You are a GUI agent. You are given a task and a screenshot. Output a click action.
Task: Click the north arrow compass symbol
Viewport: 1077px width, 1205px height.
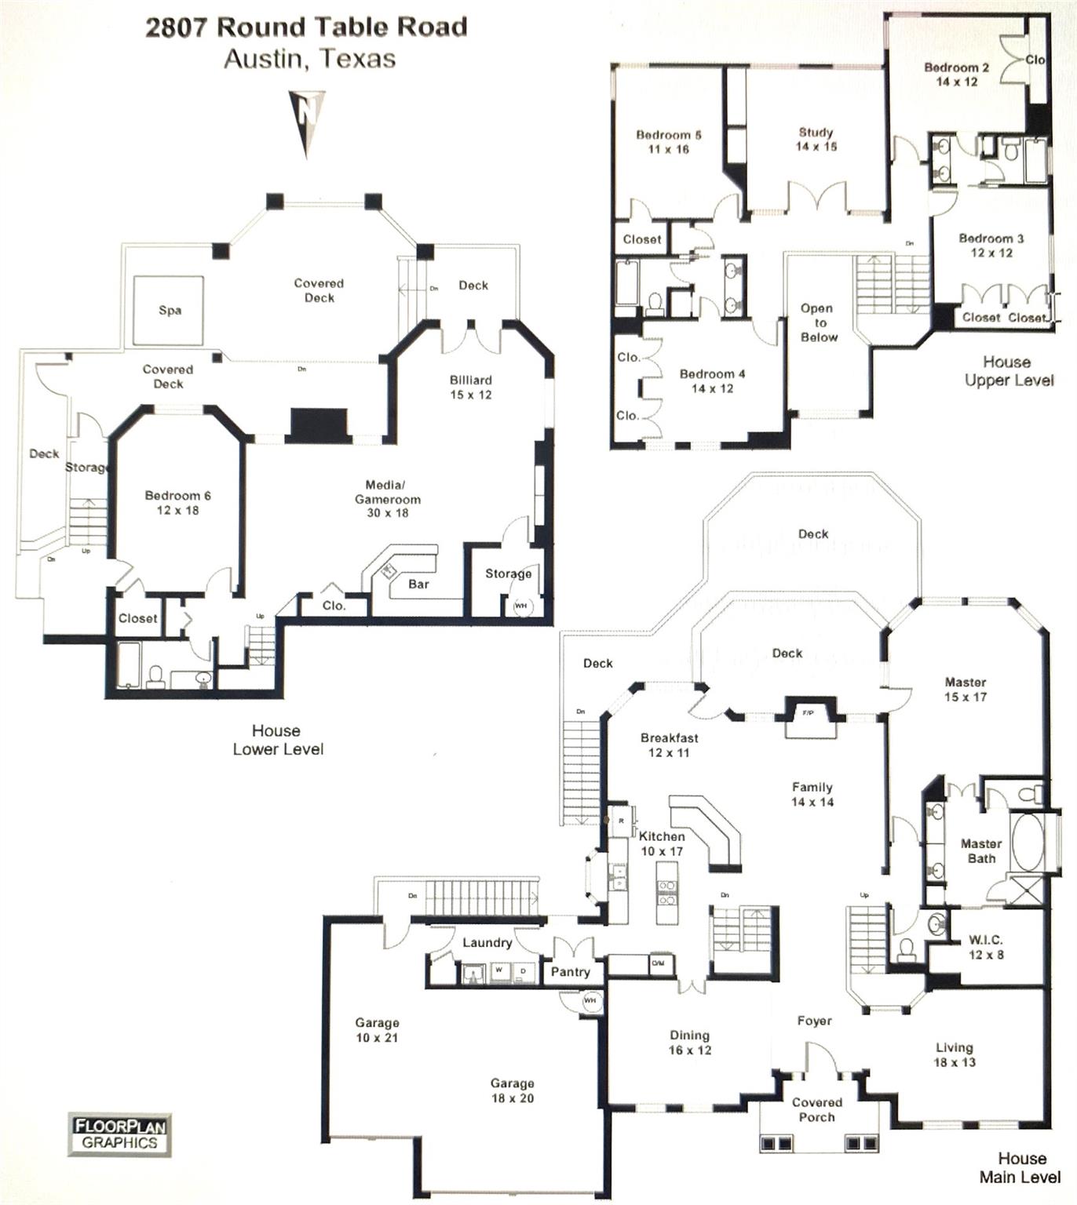coord(305,121)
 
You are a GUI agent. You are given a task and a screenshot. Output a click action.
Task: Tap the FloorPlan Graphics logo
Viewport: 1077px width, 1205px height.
coord(120,1134)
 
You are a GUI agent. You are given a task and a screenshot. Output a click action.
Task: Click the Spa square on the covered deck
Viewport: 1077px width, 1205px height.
coord(170,310)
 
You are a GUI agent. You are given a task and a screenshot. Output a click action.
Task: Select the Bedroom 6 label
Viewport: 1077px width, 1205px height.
coord(177,502)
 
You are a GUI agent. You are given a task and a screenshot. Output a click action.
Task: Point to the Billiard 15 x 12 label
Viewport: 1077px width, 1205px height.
coord(471,387)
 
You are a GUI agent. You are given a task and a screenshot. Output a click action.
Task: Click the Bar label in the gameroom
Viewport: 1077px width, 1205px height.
coord(418,584)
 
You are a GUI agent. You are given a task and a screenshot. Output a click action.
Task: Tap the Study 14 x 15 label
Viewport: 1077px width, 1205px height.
coord(816,139)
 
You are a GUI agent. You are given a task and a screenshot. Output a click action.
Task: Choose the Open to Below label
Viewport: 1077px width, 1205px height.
coord(818,322)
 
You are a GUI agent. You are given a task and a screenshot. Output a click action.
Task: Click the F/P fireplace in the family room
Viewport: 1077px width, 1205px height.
coord(807,713)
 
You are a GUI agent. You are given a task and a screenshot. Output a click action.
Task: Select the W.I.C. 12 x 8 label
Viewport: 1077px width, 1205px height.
coord(986,947)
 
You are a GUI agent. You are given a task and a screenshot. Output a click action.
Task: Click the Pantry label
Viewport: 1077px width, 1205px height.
coord(570,971)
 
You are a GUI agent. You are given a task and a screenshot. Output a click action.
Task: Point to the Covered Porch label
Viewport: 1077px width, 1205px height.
coord(816,1109)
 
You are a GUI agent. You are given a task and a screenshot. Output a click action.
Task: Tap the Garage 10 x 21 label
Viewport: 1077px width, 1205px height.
coord(377,1029)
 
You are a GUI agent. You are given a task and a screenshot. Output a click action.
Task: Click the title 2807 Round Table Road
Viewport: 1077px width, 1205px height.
coord(306,27)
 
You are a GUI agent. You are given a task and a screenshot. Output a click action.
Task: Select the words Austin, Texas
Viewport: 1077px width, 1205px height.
coord(309,59)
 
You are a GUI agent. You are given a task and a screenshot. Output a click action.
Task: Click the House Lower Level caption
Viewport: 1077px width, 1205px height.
coord(277,739)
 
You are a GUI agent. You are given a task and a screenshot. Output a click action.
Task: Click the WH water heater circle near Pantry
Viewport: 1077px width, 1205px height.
coord(590,1000)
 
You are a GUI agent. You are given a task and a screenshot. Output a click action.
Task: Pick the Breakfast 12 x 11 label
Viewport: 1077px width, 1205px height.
coord(669,744)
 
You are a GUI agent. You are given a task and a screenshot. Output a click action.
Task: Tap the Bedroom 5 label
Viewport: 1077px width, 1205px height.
coord(669,141)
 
